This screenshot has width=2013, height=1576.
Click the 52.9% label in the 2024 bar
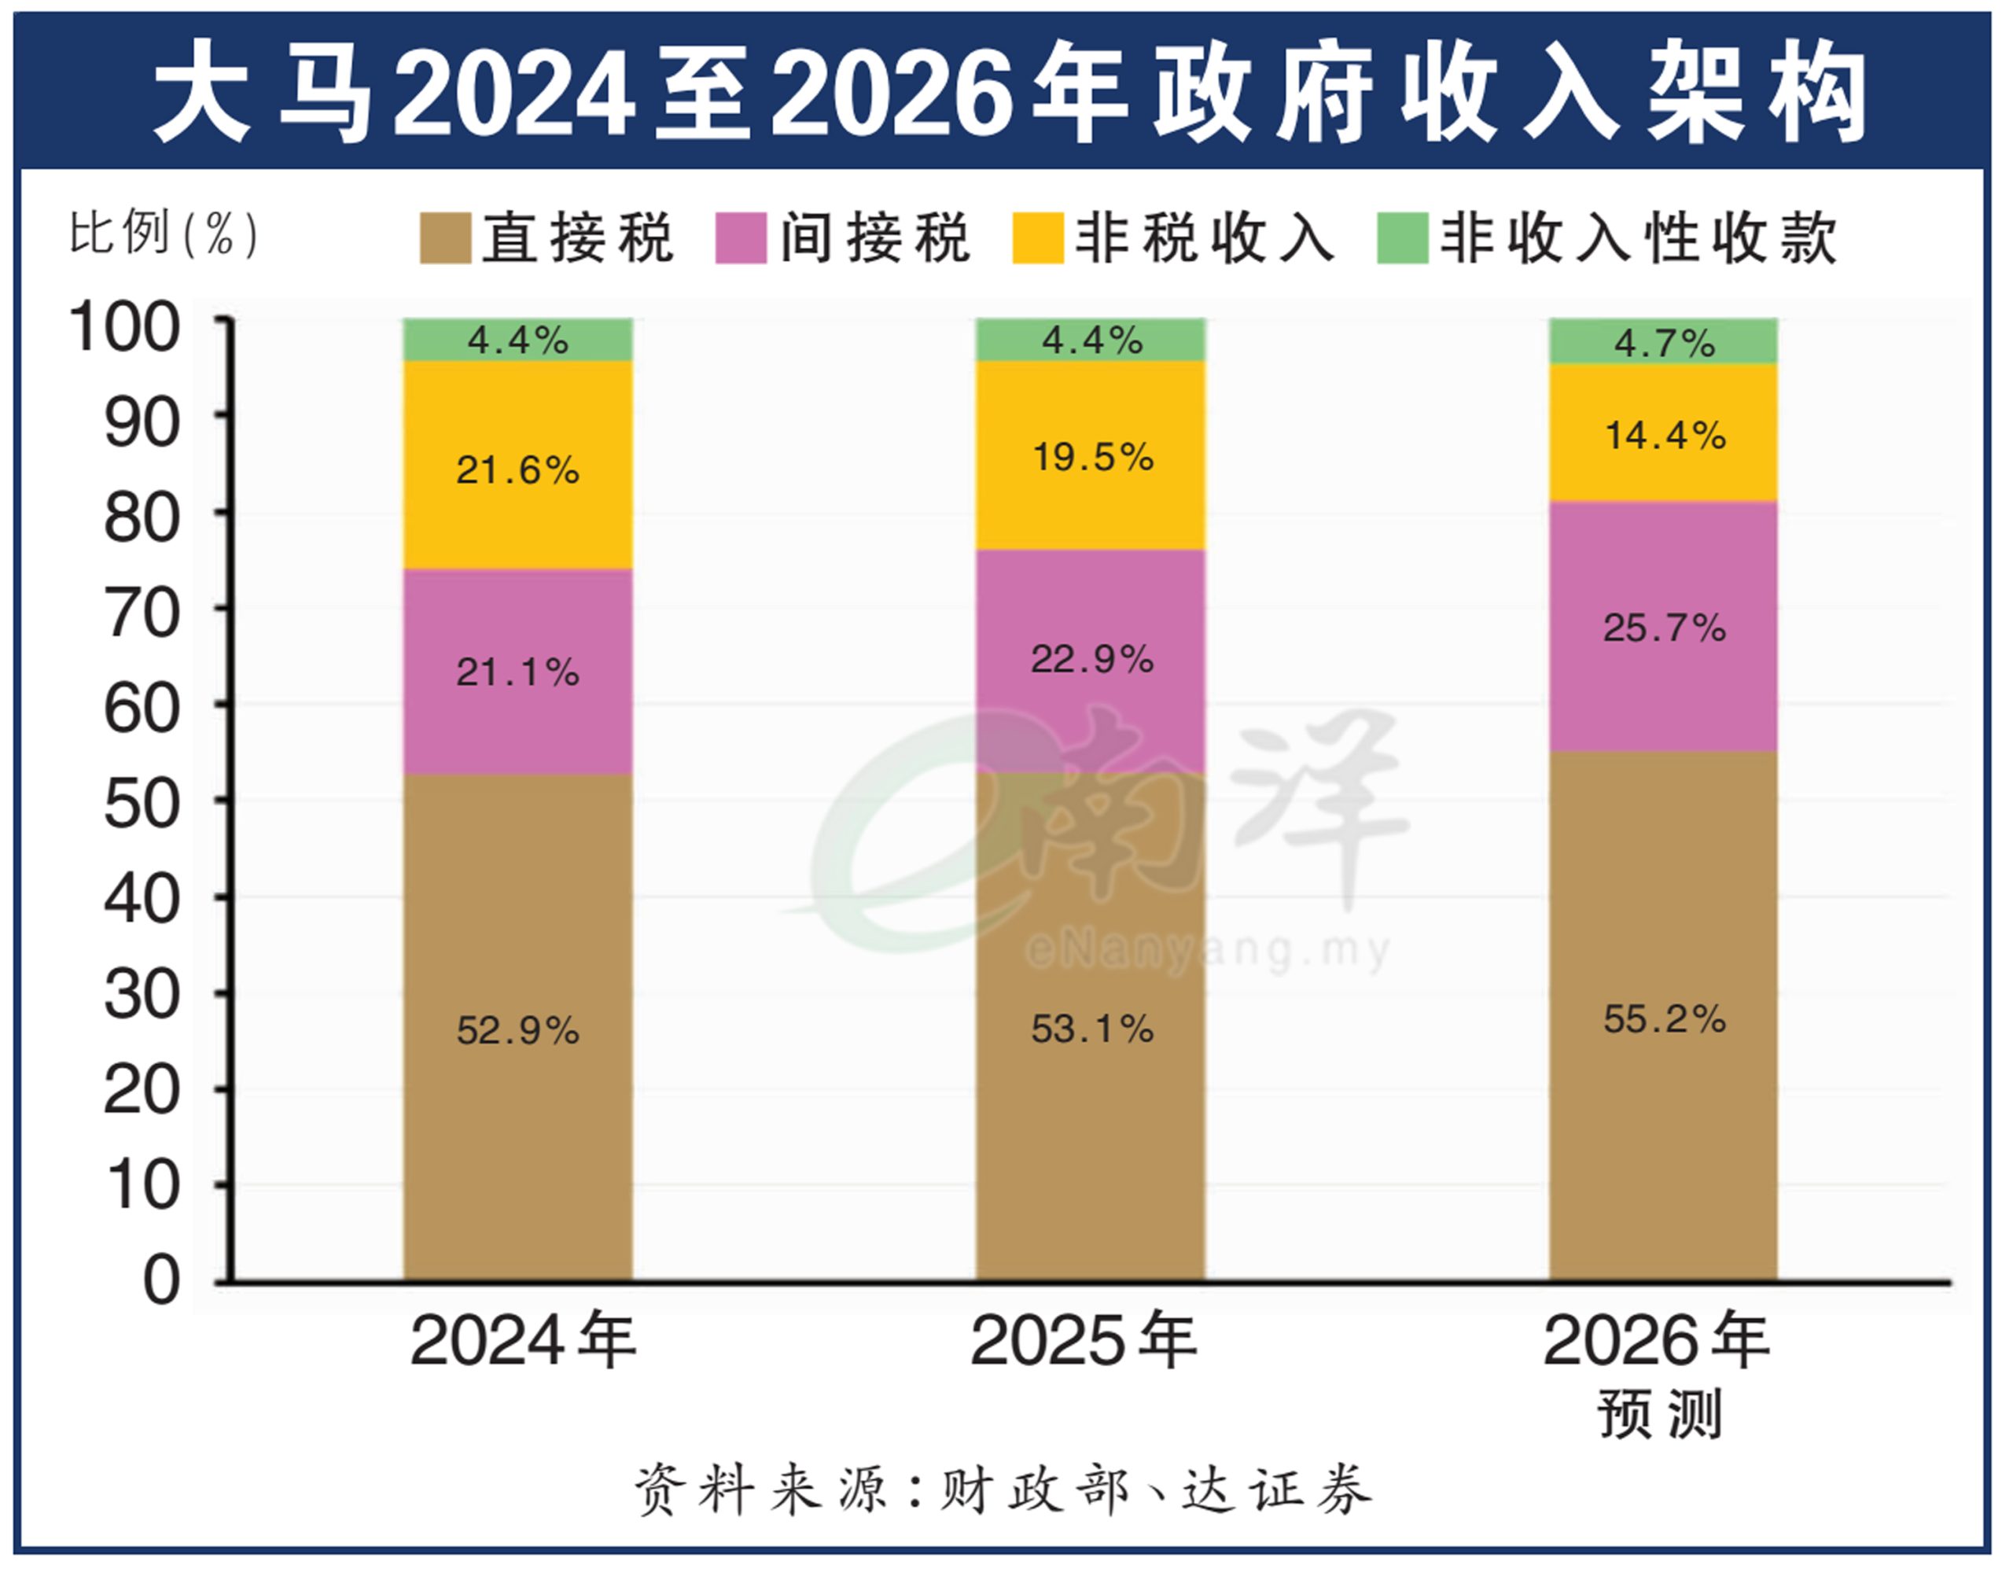pyautogui.click(x=517, y=1031)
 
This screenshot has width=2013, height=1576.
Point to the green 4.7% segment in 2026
pyautogui.click(x=1663, y=343)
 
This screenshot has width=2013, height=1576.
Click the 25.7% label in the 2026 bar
pyautogui.click(x=1663, y=628)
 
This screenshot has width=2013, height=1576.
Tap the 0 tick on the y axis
pyautogui.click(x=161, y=1282)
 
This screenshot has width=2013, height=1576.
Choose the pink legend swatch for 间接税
pyautogui.click(x=741, y=238)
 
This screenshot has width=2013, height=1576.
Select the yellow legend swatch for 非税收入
pyautogui.click(x=1038, y=238)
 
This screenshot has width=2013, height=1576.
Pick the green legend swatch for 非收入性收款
pyautogui.click(x=1402, y=238)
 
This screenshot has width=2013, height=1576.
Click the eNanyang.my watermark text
pyautogui.click(x=1207, y=951)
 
